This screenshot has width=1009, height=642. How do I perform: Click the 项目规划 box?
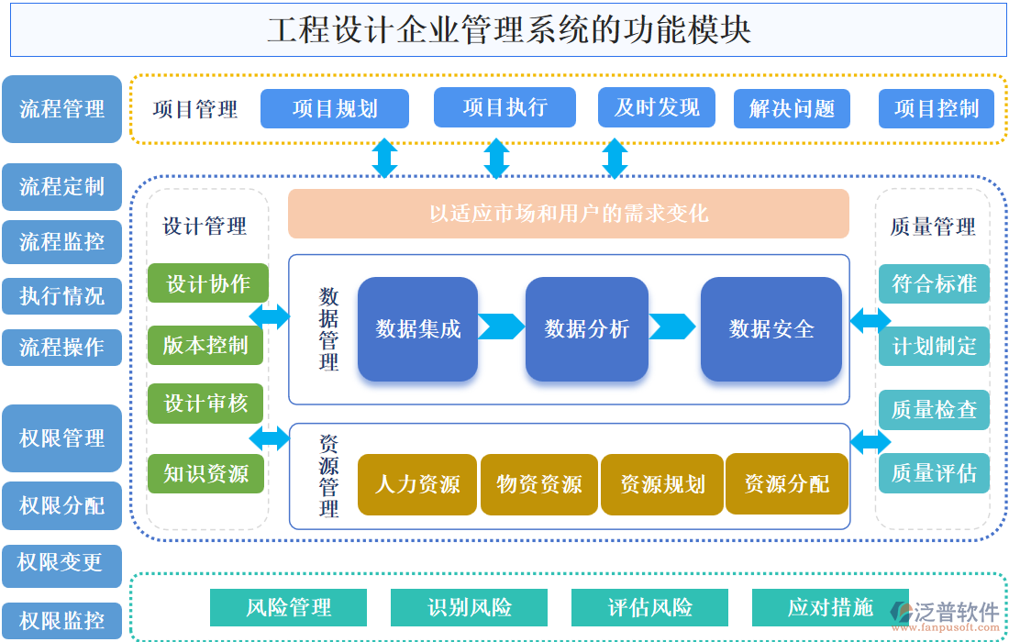(x=335, y=108)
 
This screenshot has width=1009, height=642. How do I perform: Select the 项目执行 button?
(x=504, y=107)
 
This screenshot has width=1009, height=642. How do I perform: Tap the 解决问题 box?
(x=792, y=108)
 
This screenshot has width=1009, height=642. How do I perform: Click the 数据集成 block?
(x=417, y=328)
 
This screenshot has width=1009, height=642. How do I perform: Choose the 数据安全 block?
(x=771, y=328)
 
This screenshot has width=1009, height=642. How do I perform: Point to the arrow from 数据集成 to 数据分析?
(x=501, y=327)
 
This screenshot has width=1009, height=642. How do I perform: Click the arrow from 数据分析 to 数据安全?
(x=673, y=327)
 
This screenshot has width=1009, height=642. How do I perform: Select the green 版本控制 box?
(x=207, y=345)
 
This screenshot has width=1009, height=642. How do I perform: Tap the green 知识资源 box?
(x=207, y=473)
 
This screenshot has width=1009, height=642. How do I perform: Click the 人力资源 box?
(x=417, y=484)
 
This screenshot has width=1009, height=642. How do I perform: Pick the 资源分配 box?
(x=787, y=483)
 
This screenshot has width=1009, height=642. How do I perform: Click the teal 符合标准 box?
(x=934, y=283)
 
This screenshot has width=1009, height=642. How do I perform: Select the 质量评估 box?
(x=934, y=473)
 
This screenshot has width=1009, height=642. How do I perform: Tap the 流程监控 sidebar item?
(x=61, y=242)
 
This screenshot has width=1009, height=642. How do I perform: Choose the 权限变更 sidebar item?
(x=61, y=561)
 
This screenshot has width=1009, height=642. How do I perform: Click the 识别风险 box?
(x=469, y=607)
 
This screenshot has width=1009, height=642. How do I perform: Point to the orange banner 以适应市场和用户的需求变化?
(x=569, y=214)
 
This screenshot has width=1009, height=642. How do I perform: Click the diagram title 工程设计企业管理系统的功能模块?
(x=508, y=29)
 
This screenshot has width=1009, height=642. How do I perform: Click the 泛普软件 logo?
(x=946, y=614)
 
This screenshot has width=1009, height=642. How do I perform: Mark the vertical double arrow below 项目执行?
(x=496, y=158)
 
